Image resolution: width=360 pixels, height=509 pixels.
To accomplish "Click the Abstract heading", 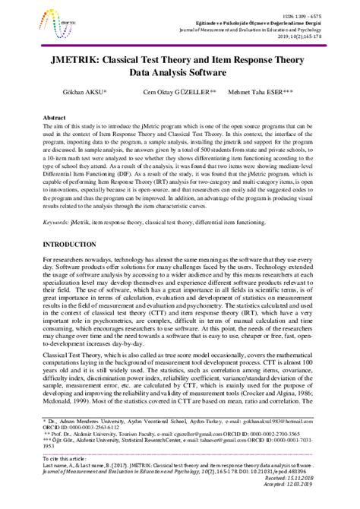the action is tap(55, 119).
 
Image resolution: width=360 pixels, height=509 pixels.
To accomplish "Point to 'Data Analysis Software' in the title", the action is tap(180, 73).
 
